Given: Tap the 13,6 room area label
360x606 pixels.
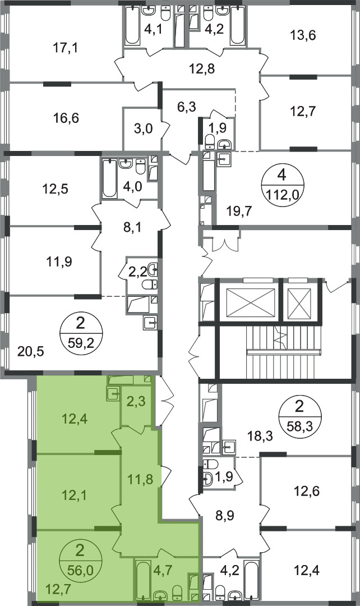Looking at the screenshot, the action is (x=303, y=35).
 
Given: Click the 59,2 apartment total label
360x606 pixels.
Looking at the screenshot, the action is (x=80, y=342).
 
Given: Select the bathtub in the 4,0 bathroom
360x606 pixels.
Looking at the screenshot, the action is (x=109, y=178).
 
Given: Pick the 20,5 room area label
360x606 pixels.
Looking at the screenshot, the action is (x=31, y=352).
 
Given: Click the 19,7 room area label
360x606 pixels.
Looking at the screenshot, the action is (x=239, y=211).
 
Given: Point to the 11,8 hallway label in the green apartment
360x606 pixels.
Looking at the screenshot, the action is (x=140, y=480).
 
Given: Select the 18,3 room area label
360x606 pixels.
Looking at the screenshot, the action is (x=260, y=437).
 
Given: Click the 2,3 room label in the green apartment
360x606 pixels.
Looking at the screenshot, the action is (x=136, y=402).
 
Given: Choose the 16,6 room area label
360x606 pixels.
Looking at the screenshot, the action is (x=66, y=118).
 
